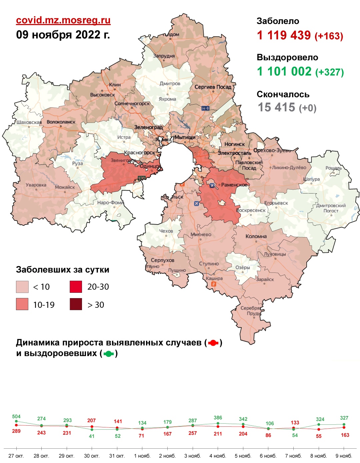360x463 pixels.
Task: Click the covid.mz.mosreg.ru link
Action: click(x=63, y=20)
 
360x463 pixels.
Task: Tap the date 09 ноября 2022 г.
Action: click(x=63, y=35)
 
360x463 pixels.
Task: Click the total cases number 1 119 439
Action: click(x=284, y=35)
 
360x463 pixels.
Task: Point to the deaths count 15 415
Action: click(x=276, y=107)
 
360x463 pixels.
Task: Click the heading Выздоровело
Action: click(x=287, y=57)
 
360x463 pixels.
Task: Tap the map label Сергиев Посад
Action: click(x=213, y=87)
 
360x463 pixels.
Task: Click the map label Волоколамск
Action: click(x=61, y=122)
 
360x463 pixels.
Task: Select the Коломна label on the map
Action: click(x=256, y=236)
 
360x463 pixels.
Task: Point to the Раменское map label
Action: click(x=234, y=185)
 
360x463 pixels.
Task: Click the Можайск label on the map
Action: click(x=65, y=187)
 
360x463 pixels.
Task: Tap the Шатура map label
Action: click(x=312, y=179)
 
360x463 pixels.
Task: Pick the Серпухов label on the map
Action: click(x=162, y=260)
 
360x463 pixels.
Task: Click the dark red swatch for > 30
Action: click(x=76, y=304)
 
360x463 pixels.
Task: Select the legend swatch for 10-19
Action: click(x=22, y=304)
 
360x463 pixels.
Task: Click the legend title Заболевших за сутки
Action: click(x=63, y=270)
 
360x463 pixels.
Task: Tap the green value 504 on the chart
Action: click(x=16, y=417)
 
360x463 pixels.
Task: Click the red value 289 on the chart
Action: click(x=16, y=431)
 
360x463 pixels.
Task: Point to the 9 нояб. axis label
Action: click(x=344, y=456)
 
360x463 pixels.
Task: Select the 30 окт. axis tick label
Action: click(x=92, y=456)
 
